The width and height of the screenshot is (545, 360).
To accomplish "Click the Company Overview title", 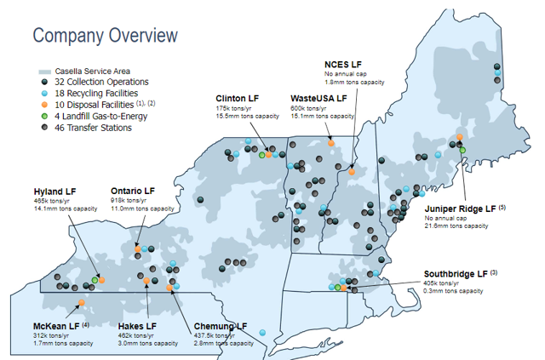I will pyautogui.click(x=105, y=35).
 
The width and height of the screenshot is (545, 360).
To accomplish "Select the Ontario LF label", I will pyautogui.click(x=133, y=191).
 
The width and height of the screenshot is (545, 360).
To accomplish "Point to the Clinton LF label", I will pyautogui.click(x=238, y=100).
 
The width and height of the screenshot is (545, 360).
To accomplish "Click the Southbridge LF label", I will pyautogui.click(x=456, y=273).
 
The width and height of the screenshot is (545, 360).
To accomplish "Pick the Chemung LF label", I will pyautogui.click(x=221, y=326).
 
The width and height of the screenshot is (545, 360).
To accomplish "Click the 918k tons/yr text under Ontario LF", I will pyautogui.click(x=129, y=200).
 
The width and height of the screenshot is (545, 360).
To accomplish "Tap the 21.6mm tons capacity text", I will pyautogui.click(x=456, y=226).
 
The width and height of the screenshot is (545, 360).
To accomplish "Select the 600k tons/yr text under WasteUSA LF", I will pyautogui.click(x=307, y=109).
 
